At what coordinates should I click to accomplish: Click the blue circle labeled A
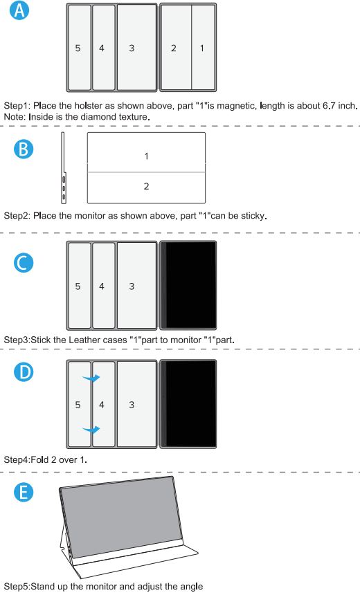point(19,10)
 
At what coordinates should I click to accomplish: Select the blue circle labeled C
point(24,263)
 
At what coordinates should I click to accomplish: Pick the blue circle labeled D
point(24,372)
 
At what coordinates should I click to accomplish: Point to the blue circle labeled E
point(24,492)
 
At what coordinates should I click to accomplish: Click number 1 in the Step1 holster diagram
point(201,48)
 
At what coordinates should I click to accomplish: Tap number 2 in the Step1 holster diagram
point(174,48)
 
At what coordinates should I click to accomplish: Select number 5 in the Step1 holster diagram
point(78,48)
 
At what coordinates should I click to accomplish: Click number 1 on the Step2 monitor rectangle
point(147,156)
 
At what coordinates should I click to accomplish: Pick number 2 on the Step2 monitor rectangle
point(147,186)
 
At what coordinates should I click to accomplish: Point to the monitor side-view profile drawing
point(63,167)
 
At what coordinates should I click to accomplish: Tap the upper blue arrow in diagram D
point(91,378)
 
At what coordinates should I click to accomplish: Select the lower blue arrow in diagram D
point(91,429)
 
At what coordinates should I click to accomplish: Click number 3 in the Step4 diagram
point(132,405)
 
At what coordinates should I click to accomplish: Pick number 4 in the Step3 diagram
point(101,286)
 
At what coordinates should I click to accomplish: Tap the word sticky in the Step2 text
point(253,216)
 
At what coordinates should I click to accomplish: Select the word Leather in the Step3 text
point(82,340)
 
